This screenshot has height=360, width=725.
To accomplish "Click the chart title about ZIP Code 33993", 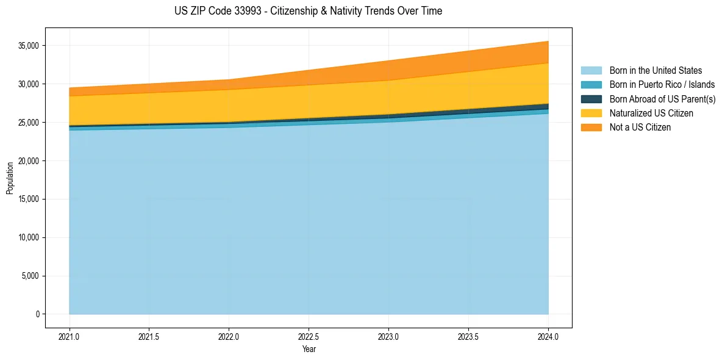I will tap(308, 11).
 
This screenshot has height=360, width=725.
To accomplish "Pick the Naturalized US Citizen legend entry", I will tap(651, 113).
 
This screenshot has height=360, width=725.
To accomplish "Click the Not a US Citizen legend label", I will tap(640, 127).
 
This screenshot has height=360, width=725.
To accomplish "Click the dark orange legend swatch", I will tap(591, 127).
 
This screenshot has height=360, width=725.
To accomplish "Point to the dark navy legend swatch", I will tap(591, 99).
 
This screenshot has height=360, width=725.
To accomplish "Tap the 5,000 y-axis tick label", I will tap(29, 276).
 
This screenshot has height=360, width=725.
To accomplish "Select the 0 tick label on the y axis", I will tap(37, 314).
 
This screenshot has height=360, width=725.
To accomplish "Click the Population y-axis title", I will tap(10, 178).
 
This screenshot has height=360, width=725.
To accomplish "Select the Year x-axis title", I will tap(309, 349).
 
